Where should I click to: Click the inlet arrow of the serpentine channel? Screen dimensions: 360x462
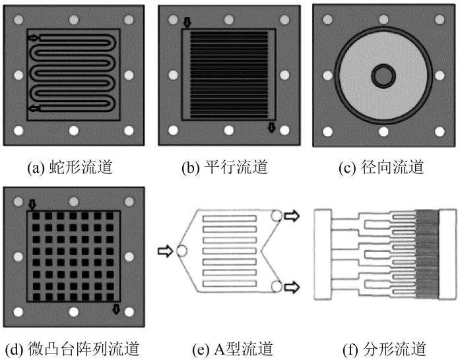click(x=34, y=38)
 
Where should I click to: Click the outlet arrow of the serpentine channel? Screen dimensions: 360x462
click(x=34, y=108)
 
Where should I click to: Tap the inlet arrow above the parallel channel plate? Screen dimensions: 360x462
click(x=187, y=23)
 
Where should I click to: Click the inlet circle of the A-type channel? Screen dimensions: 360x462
click(x=181, y=251)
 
